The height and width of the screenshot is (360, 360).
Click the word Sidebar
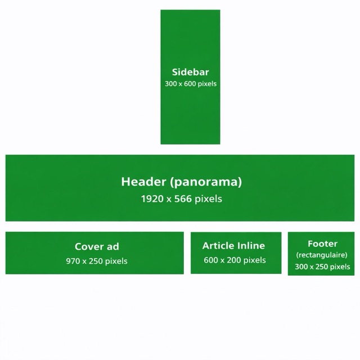(190, 72)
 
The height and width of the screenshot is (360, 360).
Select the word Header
(143, 182)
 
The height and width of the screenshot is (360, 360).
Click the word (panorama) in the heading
(205, 182)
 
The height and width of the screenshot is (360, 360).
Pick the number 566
(183, 199)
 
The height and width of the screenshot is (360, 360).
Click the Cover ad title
(97, 246)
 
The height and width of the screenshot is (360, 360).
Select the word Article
(218, 245)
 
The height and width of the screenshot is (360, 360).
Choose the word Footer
(322, 244)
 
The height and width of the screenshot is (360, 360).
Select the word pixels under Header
(208, 199)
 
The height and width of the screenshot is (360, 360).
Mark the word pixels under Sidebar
(207, 84)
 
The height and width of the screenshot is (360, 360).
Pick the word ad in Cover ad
(112, 246)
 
